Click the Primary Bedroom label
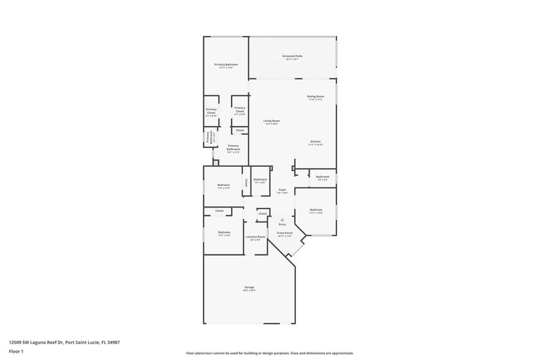pos(226,65)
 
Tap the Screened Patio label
pos(293,56)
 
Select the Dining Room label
pos(316,97)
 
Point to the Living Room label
pos(272,121)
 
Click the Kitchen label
pos(316,142)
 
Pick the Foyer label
pos(282,190)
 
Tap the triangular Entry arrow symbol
pos(282,220)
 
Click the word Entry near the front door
pos(282,224)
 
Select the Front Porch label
pos(284,233)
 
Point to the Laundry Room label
pos(256,236)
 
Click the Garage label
pos(249,287)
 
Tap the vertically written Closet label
pos(246,183)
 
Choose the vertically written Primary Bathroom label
pos(208,138)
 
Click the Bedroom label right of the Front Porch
pos(316,209)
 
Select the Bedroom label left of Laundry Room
pos(224,232)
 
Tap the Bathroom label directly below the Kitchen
pos(323,176)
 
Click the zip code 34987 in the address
pos(112,342)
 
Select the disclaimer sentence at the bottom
pos(269,353)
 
